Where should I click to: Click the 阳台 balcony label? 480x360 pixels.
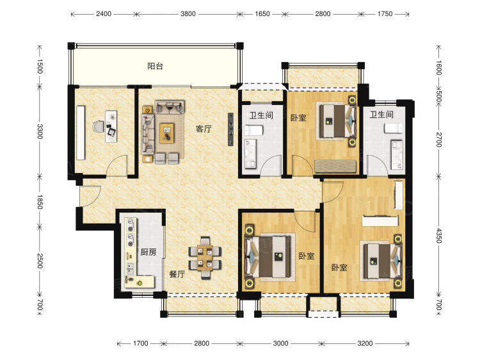coord(156,66)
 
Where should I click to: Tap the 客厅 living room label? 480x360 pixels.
coord(204,129)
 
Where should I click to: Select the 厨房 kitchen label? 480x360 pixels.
coord(148,252)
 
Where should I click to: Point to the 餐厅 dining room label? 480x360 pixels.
coord(177,274)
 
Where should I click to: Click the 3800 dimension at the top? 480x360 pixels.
coord(188,14)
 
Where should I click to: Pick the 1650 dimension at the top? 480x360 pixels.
coord(262,14)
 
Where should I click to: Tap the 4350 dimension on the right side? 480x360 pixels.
coord(438,236)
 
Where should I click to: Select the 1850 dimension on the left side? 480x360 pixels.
coord(40,202)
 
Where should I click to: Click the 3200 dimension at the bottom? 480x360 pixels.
coord(365,343)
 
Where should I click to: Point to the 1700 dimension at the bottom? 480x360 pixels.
coord(141,343)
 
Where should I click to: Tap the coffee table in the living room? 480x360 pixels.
coord(167,133)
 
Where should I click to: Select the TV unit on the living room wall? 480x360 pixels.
coord(230,129)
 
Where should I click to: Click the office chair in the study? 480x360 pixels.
coord(99,127)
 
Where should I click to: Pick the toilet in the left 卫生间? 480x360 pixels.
coord(254,131)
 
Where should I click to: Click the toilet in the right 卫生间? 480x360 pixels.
coord(394,128)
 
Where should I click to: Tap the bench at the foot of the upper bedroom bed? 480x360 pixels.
coord(335,166)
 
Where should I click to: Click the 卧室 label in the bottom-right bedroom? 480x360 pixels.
coord(339,268)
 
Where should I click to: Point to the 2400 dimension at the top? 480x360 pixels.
coord(104,14)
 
